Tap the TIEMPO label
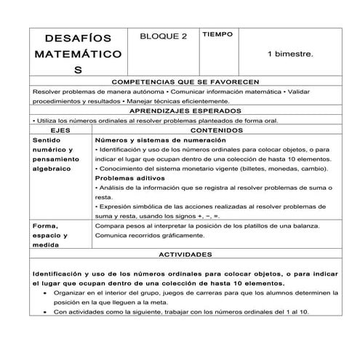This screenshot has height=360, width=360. [x=217, y=34]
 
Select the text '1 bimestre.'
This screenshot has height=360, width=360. [x=289, y=54]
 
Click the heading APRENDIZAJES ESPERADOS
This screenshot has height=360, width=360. [x=183, y=110]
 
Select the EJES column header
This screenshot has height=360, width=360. [x=62, y=129]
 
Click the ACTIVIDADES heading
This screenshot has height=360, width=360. [x=183, y=255]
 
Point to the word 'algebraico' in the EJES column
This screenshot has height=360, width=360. [x=52, y=168]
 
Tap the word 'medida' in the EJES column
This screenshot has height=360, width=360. [x=46, y=246]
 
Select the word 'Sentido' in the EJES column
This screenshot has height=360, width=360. [x=47, y=138]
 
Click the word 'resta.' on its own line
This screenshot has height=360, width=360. [x=104, y=197]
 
